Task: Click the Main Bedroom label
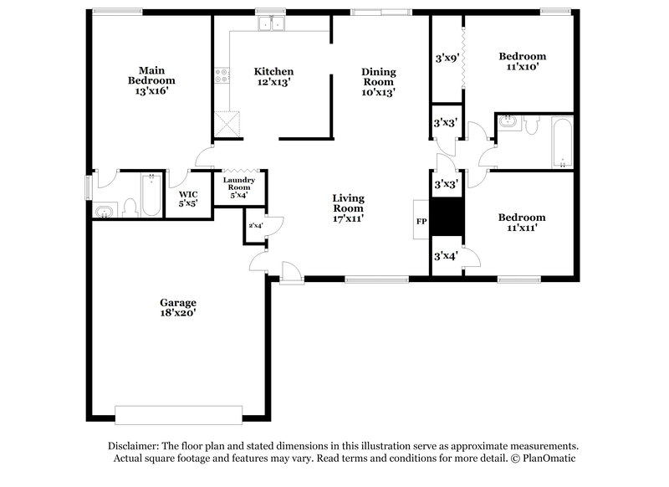(x=151, y=80)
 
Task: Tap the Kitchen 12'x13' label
(x=273, y=77)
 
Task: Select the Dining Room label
(x=378, y=82)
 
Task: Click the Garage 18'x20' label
(x=178, y=306)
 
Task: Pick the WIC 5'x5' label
(x=188, y=198)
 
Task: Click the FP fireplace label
(x=421, y=222)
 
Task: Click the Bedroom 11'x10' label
(x=523, y=62)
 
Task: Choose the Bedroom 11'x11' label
(x=522, y=223)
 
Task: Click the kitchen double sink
(x=271, y=24)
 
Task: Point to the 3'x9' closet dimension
(x=446, y=59)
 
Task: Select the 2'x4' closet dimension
(x=255, y=225)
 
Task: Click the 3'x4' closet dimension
(x=444, y=256)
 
